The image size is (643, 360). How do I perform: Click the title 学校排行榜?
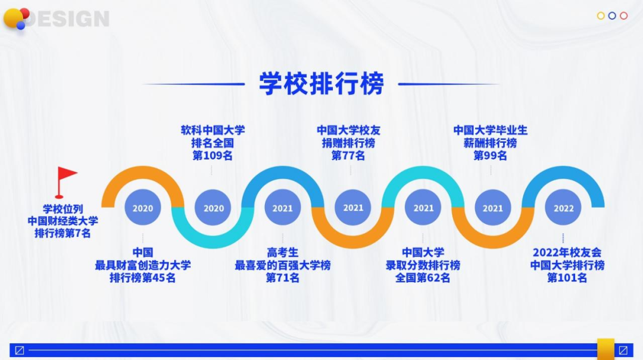(x=321, y=83)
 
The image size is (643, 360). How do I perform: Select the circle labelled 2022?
(x=563, y=208)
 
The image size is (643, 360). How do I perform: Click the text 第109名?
(x=213, y=156)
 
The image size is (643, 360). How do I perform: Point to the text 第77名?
(x=348, y=156)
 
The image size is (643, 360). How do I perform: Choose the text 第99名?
(x=490, y=156)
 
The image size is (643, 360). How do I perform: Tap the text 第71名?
(x=283, y=278)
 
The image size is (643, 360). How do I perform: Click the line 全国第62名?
(x=423, y=278)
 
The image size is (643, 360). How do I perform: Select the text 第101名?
(x=567, y=278)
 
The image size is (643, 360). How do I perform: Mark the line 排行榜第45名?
(x=143, y=278)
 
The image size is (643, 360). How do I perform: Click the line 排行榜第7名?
(x=63, y=233)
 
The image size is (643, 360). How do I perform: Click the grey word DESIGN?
(x=70, y=19)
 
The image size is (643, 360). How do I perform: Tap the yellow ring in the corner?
(x=601, y=15)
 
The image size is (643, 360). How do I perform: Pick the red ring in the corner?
(x=624, y=15)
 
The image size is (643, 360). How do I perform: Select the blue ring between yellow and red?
(x=612, y=15)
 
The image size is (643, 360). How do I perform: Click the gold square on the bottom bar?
(x=605, y=349)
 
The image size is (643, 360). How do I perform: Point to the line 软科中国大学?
(x=213, y=130)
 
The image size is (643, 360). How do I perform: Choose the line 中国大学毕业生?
(x=490, y=130)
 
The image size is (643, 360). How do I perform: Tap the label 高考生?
(x=283, y=252)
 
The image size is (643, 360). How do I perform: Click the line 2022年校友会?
(x=567, y=252)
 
